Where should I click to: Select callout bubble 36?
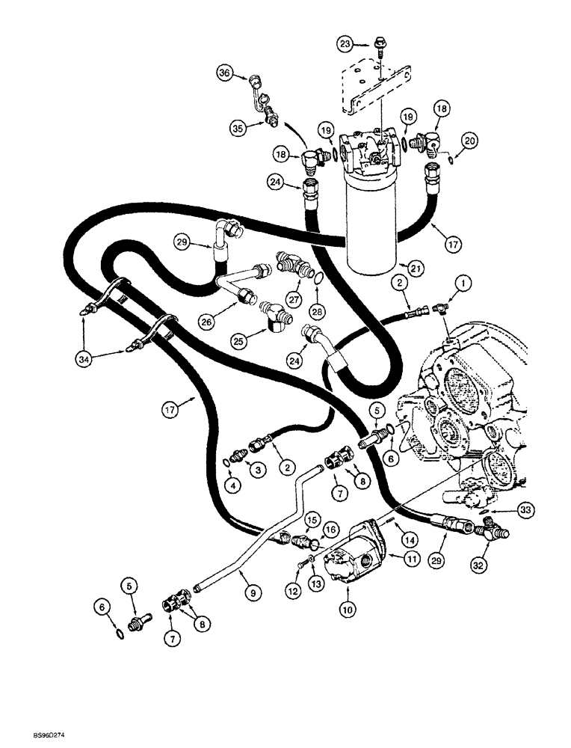[x=225, y=73]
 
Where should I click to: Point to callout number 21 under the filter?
[x=407, y=266]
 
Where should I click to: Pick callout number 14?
[x=408, y=538]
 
